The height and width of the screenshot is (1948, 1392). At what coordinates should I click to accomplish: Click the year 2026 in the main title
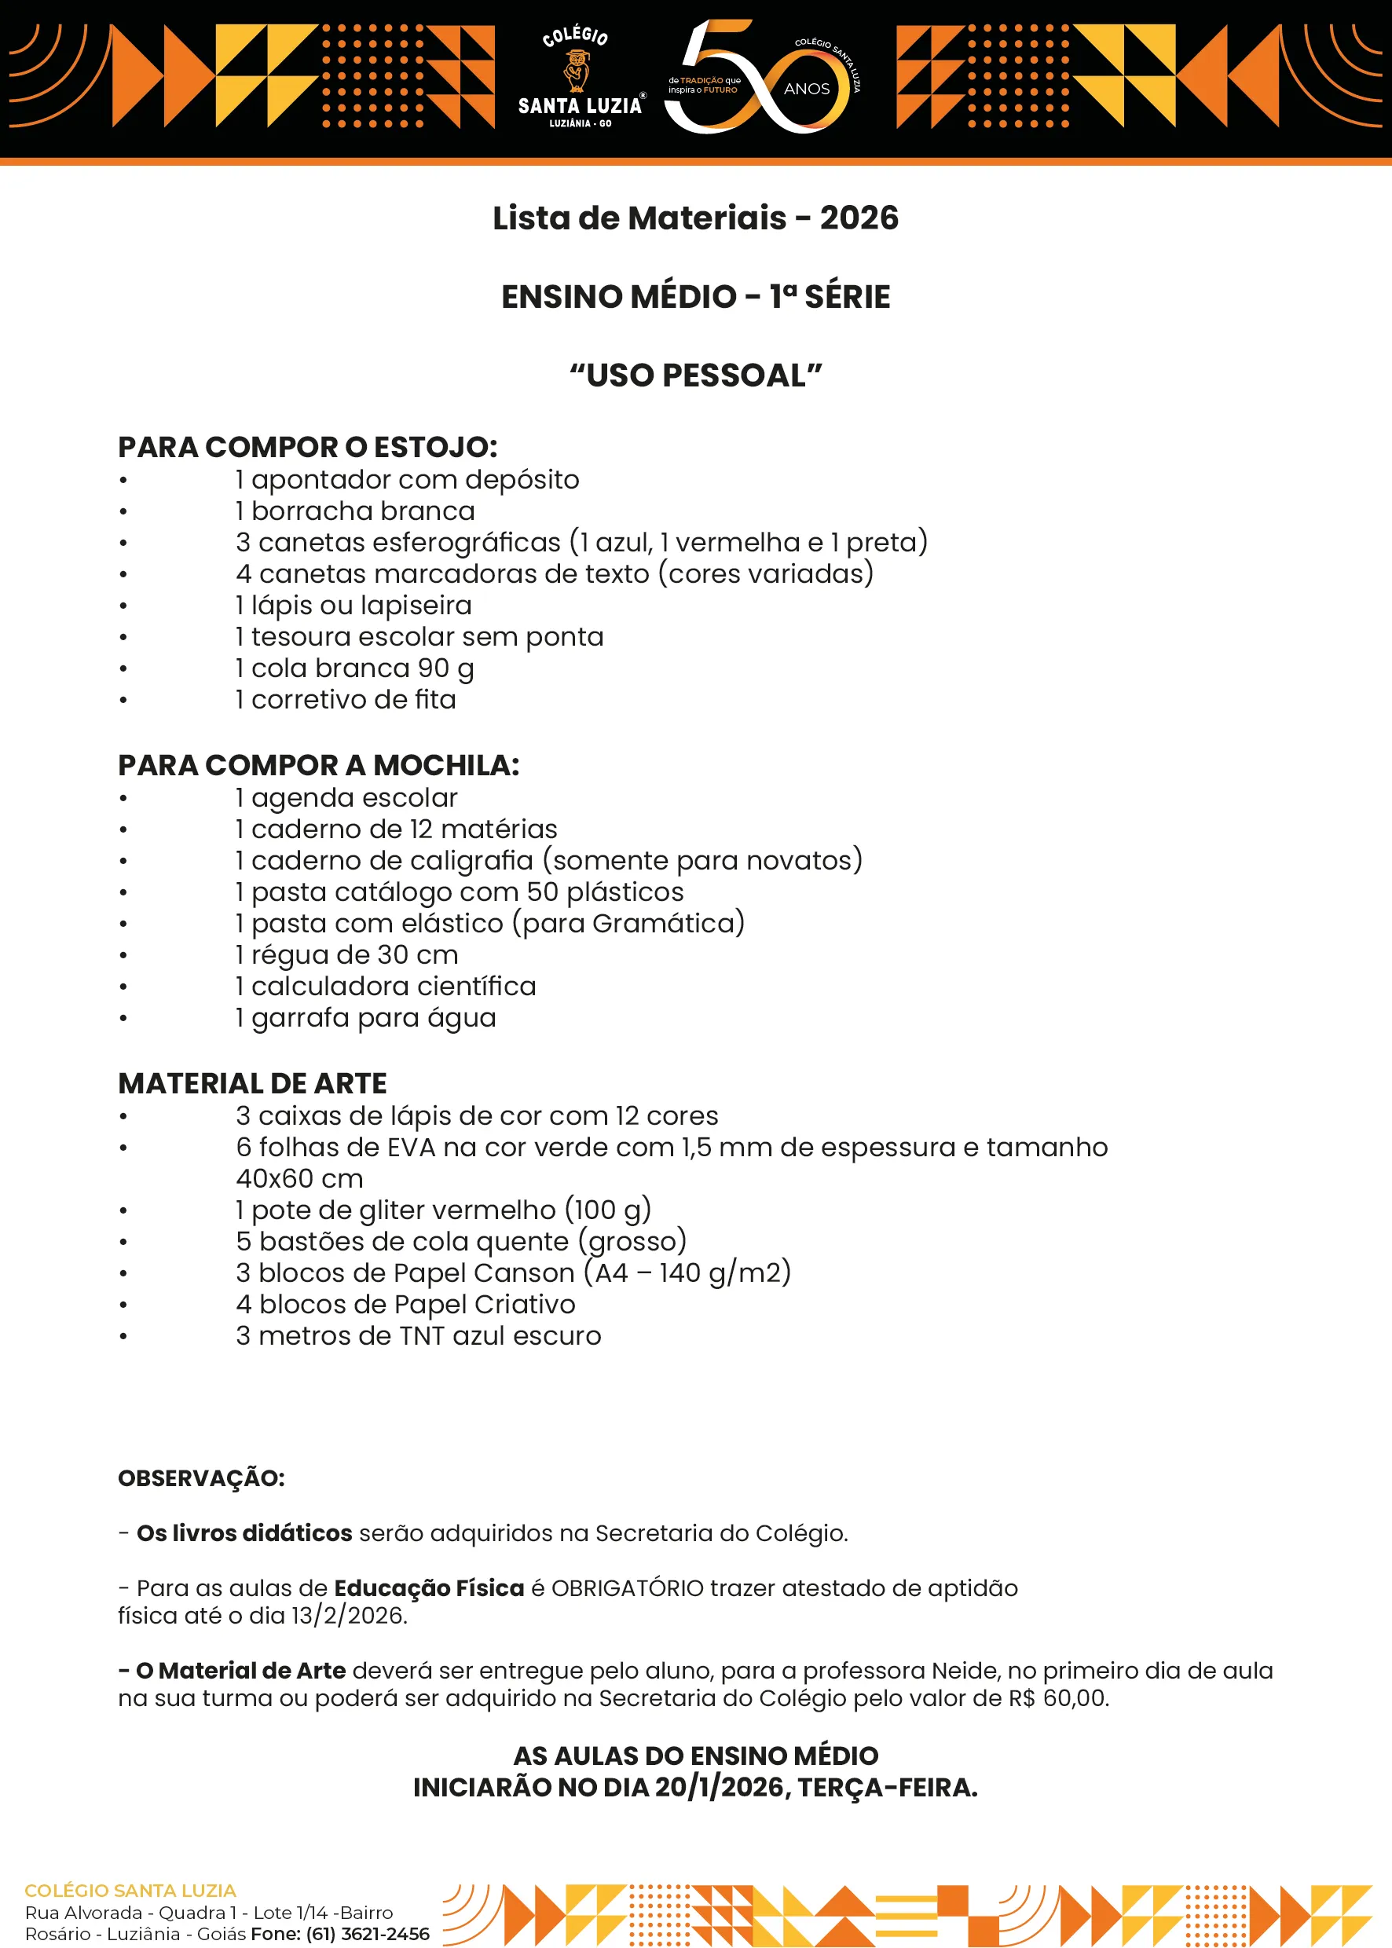pyautogui.click(x=859, y=218)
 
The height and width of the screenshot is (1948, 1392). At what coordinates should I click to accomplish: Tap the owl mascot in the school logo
pyautogui.click(x=577, y=70)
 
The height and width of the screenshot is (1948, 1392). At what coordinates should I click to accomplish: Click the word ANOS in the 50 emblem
pyautogui.click(x=807, y=89)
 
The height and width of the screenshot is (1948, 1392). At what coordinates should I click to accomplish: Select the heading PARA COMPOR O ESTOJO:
pyautogui.click(x=308, y=448)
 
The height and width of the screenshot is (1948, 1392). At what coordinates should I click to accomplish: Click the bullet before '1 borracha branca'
pyautogui.click(x=123, y=511)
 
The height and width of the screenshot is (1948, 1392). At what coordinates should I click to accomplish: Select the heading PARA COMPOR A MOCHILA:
pyautogui.click(x=319, y=765)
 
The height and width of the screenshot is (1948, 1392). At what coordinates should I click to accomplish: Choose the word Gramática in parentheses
pyautogui.click(x=664, y=923)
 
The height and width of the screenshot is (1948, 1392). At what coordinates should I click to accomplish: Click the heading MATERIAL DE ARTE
pyautogui.click(x=253, y=1083)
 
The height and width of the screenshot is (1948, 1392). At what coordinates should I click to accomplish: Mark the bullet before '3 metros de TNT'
pyautogui.click(x=123, y=1336)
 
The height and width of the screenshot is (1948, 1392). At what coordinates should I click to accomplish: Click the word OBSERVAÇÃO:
pyautogui.click(x=201, y=1478)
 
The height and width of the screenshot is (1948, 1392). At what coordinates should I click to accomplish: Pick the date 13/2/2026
pyautogui.click(x=349, y=1616)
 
